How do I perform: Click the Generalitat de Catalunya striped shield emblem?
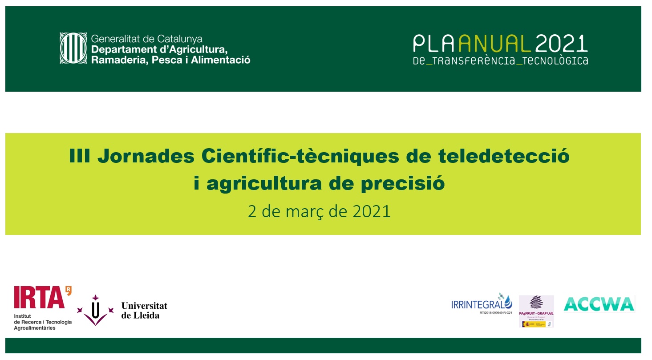coord(73,48)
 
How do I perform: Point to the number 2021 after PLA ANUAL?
coord(562,44)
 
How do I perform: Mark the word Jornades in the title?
coord(146,157)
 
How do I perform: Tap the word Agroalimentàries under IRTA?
coord(35,328)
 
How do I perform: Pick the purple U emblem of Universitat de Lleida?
coord(95,309)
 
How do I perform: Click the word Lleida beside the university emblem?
coord(140,315)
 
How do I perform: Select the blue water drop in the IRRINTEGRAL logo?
coord(508,303)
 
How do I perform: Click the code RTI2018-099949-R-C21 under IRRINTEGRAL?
coord(496,313)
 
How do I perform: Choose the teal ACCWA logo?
coord(599,304)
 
